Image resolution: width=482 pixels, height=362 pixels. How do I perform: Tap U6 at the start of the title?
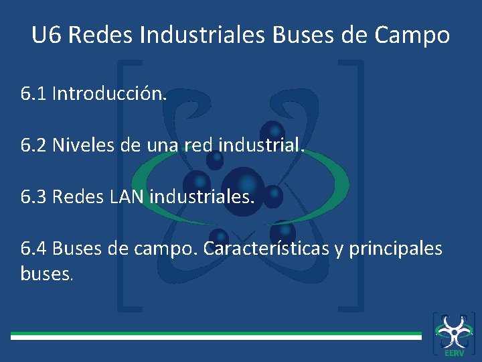pos(46,35)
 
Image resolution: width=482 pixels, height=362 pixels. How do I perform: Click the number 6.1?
pos(33,93)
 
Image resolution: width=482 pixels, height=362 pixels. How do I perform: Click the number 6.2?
pos(33,144)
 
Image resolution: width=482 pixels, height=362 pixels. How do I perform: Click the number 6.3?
pos(33,196)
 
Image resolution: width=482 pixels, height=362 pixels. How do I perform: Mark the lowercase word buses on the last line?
pos(44,274)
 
